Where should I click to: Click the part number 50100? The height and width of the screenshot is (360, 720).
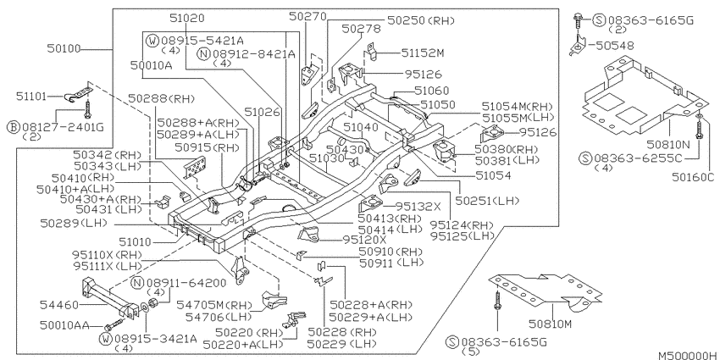64,48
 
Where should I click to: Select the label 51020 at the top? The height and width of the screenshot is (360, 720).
187,19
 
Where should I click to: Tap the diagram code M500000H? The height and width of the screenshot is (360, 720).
687,356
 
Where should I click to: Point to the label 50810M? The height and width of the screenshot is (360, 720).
550,324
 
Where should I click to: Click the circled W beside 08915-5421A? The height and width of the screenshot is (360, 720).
153,41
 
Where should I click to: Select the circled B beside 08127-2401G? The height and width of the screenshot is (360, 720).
14,127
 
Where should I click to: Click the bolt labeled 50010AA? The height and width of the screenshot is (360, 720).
108,327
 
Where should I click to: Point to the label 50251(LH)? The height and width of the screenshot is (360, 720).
487,201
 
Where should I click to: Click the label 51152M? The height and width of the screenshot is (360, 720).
423,53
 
